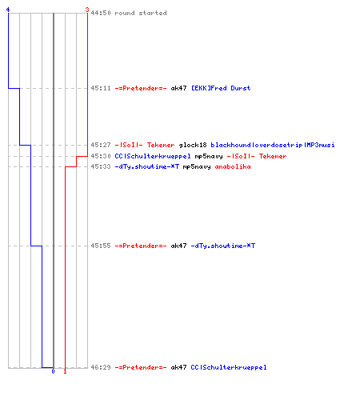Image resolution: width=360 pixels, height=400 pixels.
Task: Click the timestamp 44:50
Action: [101, 13]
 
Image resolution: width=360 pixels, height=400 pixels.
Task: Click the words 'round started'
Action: [141, 13]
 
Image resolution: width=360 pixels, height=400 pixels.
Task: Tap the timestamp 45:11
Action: [101, 88]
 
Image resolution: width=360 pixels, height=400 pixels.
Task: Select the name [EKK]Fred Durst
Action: [221, 88]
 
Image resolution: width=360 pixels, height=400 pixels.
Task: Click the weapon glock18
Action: [193, 145]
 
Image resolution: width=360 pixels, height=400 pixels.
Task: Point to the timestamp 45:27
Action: [101, 145]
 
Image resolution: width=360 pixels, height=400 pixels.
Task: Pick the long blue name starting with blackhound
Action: [273, 145]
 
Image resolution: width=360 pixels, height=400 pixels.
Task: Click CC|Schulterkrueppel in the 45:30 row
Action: [153, 156]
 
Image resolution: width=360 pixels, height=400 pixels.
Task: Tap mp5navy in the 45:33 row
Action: [197, 167]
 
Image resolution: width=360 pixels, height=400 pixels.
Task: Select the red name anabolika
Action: [233, 166]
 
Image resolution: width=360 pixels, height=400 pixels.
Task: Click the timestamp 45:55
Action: [101, 246]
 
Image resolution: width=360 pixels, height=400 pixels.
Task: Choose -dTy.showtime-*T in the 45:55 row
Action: [223, 246]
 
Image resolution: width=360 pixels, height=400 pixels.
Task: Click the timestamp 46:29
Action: [101, 367]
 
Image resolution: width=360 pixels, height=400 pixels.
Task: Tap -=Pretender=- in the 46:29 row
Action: [141, 367]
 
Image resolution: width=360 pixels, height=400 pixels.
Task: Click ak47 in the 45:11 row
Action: [178, 88]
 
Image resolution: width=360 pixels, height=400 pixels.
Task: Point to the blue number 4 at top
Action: [8, 10]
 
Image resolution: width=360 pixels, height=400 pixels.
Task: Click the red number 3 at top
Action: [87, 10]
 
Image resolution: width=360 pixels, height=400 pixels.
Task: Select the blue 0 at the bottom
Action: [53, 371]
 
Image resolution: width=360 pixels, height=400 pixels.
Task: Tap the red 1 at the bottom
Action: [65, 371]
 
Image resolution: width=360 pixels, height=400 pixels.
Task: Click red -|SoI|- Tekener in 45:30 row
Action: [257, 156]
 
